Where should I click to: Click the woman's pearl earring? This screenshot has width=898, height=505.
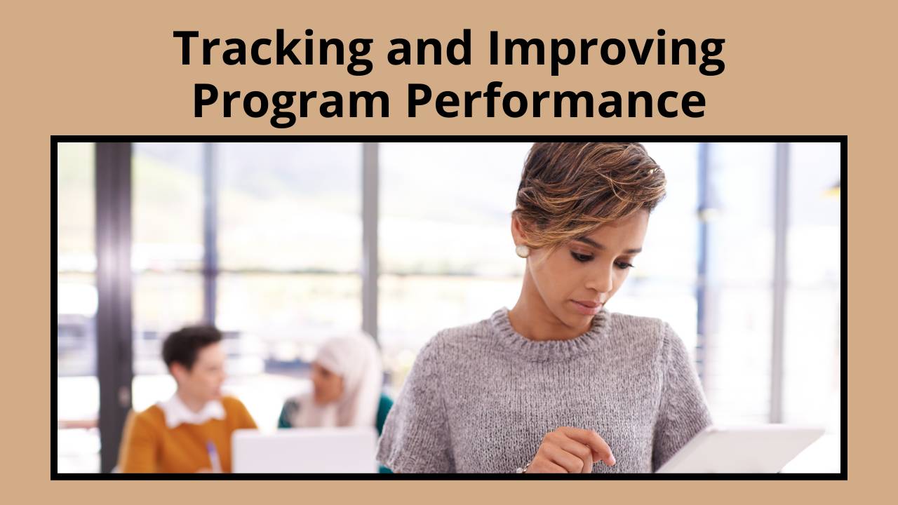(522, 251)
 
